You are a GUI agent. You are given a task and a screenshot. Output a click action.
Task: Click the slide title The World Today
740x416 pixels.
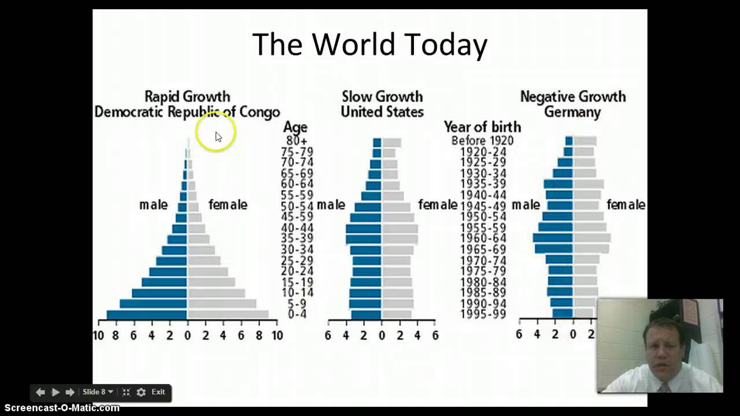[369, 44]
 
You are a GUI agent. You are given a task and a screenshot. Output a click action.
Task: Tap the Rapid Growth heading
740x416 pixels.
[187, 96]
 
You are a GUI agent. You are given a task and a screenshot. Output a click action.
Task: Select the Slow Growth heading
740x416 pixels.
[382, 96]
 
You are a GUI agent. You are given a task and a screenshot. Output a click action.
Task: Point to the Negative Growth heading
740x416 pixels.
[572, 96]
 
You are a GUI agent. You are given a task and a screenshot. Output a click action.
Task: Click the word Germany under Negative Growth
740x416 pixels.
[572, 112]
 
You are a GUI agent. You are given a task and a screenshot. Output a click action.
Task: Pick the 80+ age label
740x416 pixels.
[297, 140]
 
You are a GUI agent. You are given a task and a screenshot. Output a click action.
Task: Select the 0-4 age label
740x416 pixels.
[297, 314]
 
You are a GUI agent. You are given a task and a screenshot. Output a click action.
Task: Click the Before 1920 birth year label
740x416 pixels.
[482, 140]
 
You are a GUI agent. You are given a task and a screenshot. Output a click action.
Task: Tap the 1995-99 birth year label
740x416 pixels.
[482, 314]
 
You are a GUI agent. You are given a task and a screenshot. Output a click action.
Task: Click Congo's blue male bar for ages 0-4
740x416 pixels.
[147, 315]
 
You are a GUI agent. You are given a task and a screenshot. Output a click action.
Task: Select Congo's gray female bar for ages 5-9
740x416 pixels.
[221, 304]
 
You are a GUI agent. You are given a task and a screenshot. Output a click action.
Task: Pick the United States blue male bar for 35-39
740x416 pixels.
[363, 239]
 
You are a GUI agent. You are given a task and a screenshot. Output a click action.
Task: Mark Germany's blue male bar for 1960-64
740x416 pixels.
[553, 237]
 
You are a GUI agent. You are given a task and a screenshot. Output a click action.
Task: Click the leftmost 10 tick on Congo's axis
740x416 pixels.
[98, 335]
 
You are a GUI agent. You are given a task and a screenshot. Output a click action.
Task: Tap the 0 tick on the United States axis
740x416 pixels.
[382, 335]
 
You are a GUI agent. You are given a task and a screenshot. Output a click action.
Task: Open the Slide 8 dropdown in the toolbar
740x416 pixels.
[98, 392]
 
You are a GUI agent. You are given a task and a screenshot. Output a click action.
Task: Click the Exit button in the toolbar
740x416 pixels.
[158, 392]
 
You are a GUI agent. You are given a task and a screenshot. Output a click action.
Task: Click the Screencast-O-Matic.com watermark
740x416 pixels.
[60, 408]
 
